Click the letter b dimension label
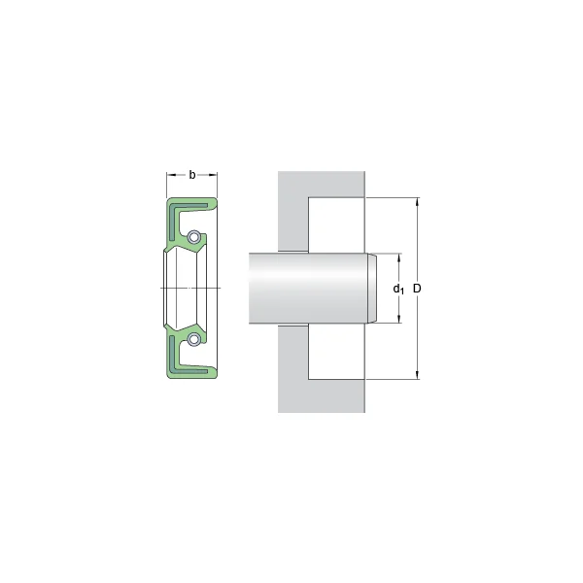click(191, 175)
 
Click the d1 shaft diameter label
click(397, 289)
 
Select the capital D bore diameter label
click(418, 289)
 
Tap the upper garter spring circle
click(194, 237)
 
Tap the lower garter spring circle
click(194, 339)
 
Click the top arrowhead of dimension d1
click(397, 257)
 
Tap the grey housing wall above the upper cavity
click(321, 185)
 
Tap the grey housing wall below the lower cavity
click(321, 395)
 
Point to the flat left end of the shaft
click(251, 289)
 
